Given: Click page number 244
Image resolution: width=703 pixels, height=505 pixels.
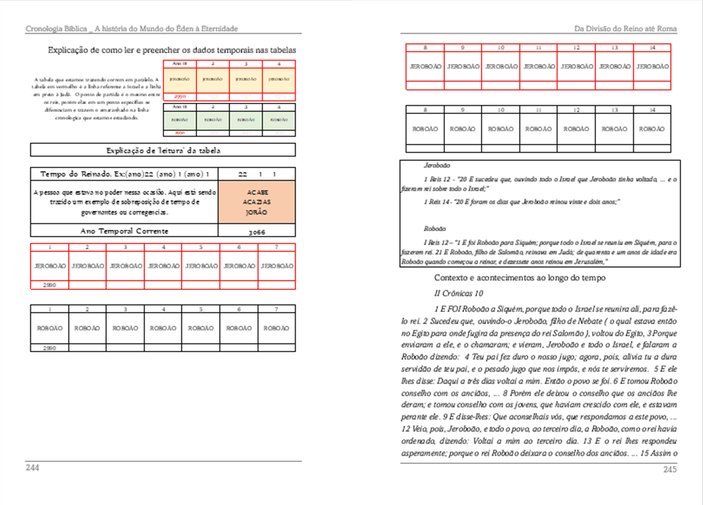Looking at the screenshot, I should pyautogui.click(x=32, y=468).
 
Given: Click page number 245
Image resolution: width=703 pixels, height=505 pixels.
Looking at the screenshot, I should pyautogui.click(x=670, y=470).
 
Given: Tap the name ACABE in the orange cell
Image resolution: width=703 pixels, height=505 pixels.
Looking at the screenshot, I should pyautogui.click(x=257, y=192).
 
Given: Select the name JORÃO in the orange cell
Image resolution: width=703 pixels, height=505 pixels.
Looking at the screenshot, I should pyautogui.click(x=257, y=212).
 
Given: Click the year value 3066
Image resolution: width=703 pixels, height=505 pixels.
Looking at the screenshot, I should pyautogui.click(x=257, y=231).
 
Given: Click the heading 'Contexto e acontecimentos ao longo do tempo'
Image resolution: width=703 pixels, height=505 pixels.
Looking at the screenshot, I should pyautogui.click(x=520, y=278).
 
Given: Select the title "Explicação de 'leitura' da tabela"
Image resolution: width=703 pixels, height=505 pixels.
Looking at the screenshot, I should pyautogui.click(x=163, y=151).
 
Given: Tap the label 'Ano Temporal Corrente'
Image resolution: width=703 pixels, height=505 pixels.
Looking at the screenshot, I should pyautogui.click(x=124, y=231).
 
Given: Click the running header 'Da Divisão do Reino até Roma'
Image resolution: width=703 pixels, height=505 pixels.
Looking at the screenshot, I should pyautogui.click(x=625, y=28).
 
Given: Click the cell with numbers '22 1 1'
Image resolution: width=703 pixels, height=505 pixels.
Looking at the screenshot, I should pyautogui.click(x=257, y=174).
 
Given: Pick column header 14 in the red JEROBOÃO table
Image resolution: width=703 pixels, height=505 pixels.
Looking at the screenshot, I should pyautogui.click(x=652, y=47).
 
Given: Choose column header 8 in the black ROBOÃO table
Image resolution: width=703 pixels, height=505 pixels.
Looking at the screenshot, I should pyautogui.click(x=425, y=109).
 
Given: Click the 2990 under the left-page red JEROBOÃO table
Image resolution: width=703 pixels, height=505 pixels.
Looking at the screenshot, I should pyautogui.click(x=49, y=285).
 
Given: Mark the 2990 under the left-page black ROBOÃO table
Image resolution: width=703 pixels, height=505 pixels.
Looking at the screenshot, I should pyautogui.click(x=49, y=348).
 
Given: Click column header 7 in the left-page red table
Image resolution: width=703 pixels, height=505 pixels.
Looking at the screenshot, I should pyautogui.click(x=277, y=248).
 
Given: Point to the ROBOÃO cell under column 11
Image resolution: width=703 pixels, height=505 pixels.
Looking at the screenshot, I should pyautogui.click(x=538, y=129).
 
